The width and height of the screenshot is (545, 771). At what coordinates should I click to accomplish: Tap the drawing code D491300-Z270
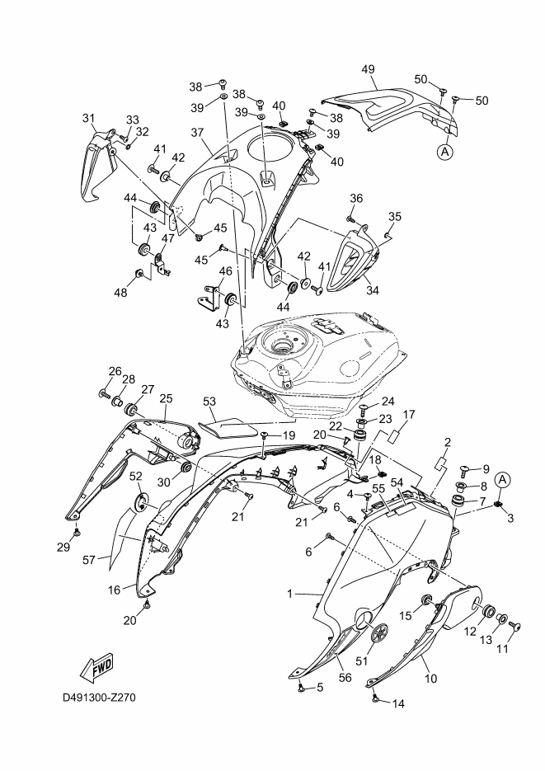click(99, 698)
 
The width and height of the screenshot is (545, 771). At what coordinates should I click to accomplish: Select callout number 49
click(368, 70)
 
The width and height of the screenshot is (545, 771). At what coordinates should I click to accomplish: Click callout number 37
click(196, 133)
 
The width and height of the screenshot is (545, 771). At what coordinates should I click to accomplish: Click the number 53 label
click(209, 402)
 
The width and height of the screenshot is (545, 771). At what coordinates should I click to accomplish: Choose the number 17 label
click(408, 414)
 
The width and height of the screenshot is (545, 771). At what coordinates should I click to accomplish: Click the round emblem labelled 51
click(380, 634)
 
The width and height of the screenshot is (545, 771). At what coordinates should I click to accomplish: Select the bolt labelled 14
click(376, 698)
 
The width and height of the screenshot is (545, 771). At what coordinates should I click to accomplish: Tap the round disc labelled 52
click(141, 501)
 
